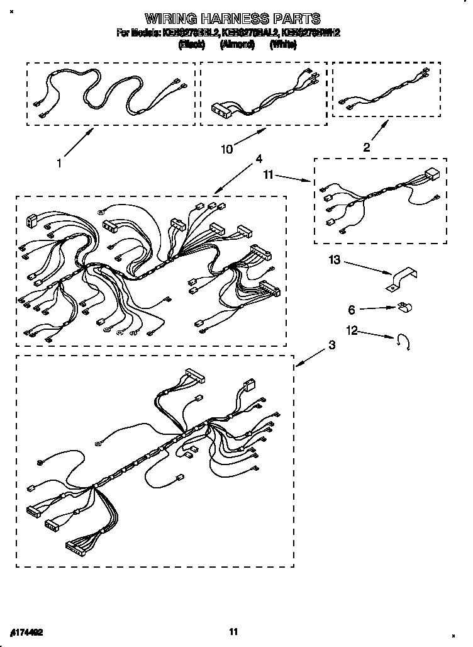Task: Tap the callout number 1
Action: pos(58,163)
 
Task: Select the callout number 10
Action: pos(227,149)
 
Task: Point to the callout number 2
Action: pos(367,147)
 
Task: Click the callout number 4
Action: pos(258,159)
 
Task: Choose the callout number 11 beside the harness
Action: pos(268,176)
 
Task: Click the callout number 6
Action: pos(352,309)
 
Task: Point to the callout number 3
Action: pos(331,344)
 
